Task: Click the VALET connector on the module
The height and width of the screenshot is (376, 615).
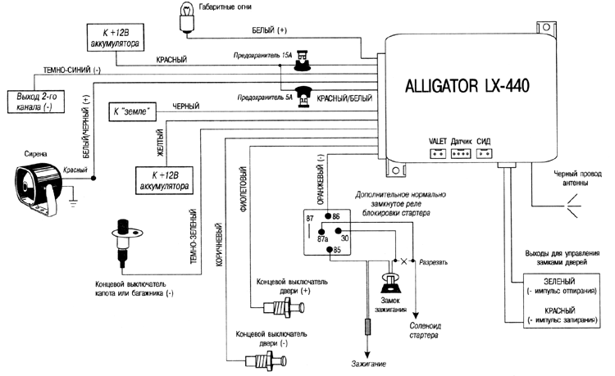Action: [437, 153]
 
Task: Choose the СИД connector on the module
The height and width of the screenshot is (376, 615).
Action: [486, 153]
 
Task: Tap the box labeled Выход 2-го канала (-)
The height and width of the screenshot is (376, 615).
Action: [33, 102]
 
